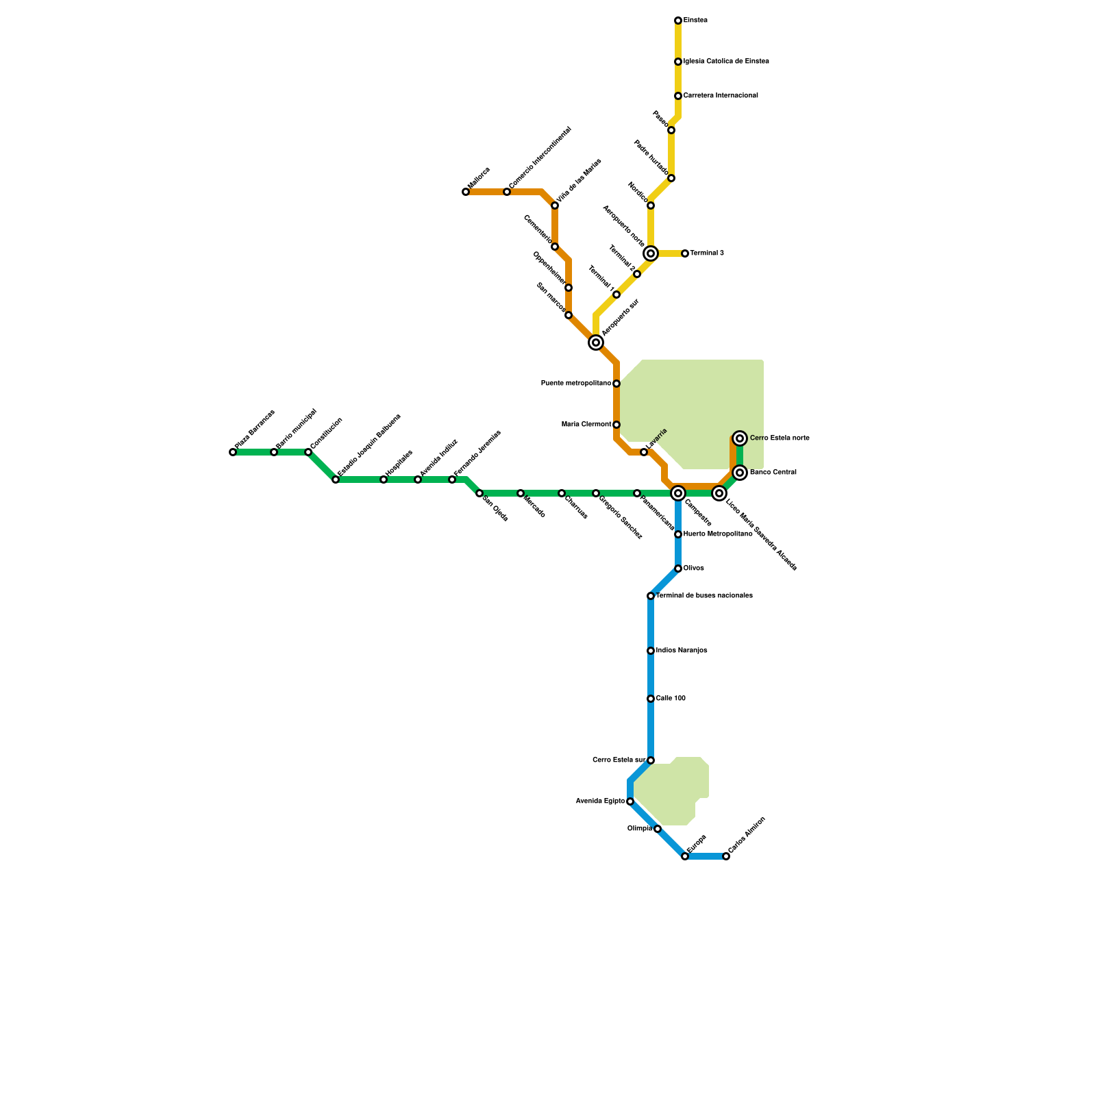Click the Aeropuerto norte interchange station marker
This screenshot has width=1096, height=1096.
coord(651,253)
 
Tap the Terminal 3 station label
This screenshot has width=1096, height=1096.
coord(706,253)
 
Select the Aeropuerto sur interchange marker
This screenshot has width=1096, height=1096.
coord(596,342)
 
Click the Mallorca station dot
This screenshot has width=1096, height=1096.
coord(466,192)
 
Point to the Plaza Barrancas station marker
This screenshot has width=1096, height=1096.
coord(233,452)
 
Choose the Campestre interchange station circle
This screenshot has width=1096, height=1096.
coord(678,493)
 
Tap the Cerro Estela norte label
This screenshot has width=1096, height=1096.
coord(780,438)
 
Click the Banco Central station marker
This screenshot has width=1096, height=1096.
coord(740,473)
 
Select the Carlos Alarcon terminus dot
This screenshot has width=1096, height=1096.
coord(726,856)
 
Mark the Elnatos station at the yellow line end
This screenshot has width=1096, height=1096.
coord(678,21)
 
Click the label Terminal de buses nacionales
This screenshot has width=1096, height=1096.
coord(704,596)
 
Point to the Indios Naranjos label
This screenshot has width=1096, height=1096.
coord(682,651)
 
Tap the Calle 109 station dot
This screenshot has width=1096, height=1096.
coord(651,699)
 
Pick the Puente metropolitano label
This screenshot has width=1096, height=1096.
coord(576,384)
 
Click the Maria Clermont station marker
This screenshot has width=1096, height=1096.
coord(616,425)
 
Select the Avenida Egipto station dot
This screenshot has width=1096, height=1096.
coord(630,801)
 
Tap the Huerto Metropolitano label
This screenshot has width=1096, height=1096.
coord(718,534)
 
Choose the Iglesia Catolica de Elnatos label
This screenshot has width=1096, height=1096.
coord(726,62)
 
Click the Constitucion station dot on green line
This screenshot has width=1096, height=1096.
coord(308,452)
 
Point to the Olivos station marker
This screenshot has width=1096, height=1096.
coord(678,569)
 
